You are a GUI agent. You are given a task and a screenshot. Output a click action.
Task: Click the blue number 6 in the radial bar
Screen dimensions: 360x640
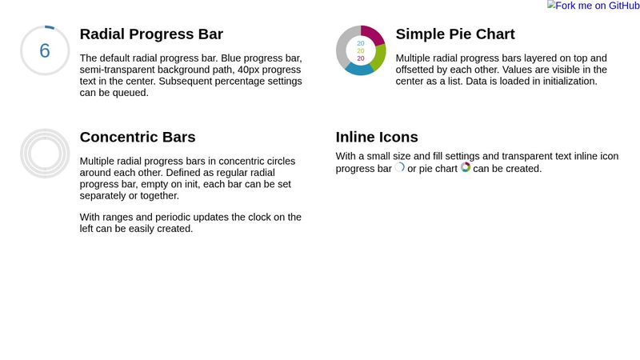coord(45,50)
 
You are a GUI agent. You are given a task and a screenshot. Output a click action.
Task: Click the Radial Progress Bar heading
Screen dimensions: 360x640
coord(151,34)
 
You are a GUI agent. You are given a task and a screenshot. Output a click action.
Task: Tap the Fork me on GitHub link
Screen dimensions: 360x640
coord(593,6)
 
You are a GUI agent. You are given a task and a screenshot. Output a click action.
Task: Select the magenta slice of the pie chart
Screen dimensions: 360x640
coord(373,34)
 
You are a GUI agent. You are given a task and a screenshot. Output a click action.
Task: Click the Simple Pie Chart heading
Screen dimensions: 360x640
coord(455,34)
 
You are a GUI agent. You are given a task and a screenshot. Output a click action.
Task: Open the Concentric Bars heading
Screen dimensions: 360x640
coord(138,137)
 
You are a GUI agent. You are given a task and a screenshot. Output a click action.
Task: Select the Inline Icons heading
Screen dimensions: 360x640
coord(377,137)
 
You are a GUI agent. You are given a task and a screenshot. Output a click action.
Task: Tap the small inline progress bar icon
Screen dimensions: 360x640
coord(400,168)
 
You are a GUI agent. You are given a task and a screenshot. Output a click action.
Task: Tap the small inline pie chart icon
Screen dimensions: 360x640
coord(466,168)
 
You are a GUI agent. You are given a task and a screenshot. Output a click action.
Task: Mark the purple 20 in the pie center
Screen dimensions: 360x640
coord(361,58)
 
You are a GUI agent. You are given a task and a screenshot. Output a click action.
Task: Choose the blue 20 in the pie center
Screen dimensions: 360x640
coord(361,42)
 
